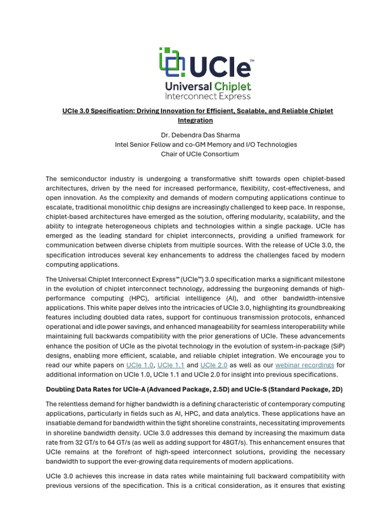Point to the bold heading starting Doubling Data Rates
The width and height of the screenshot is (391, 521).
(x=194, y=389)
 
